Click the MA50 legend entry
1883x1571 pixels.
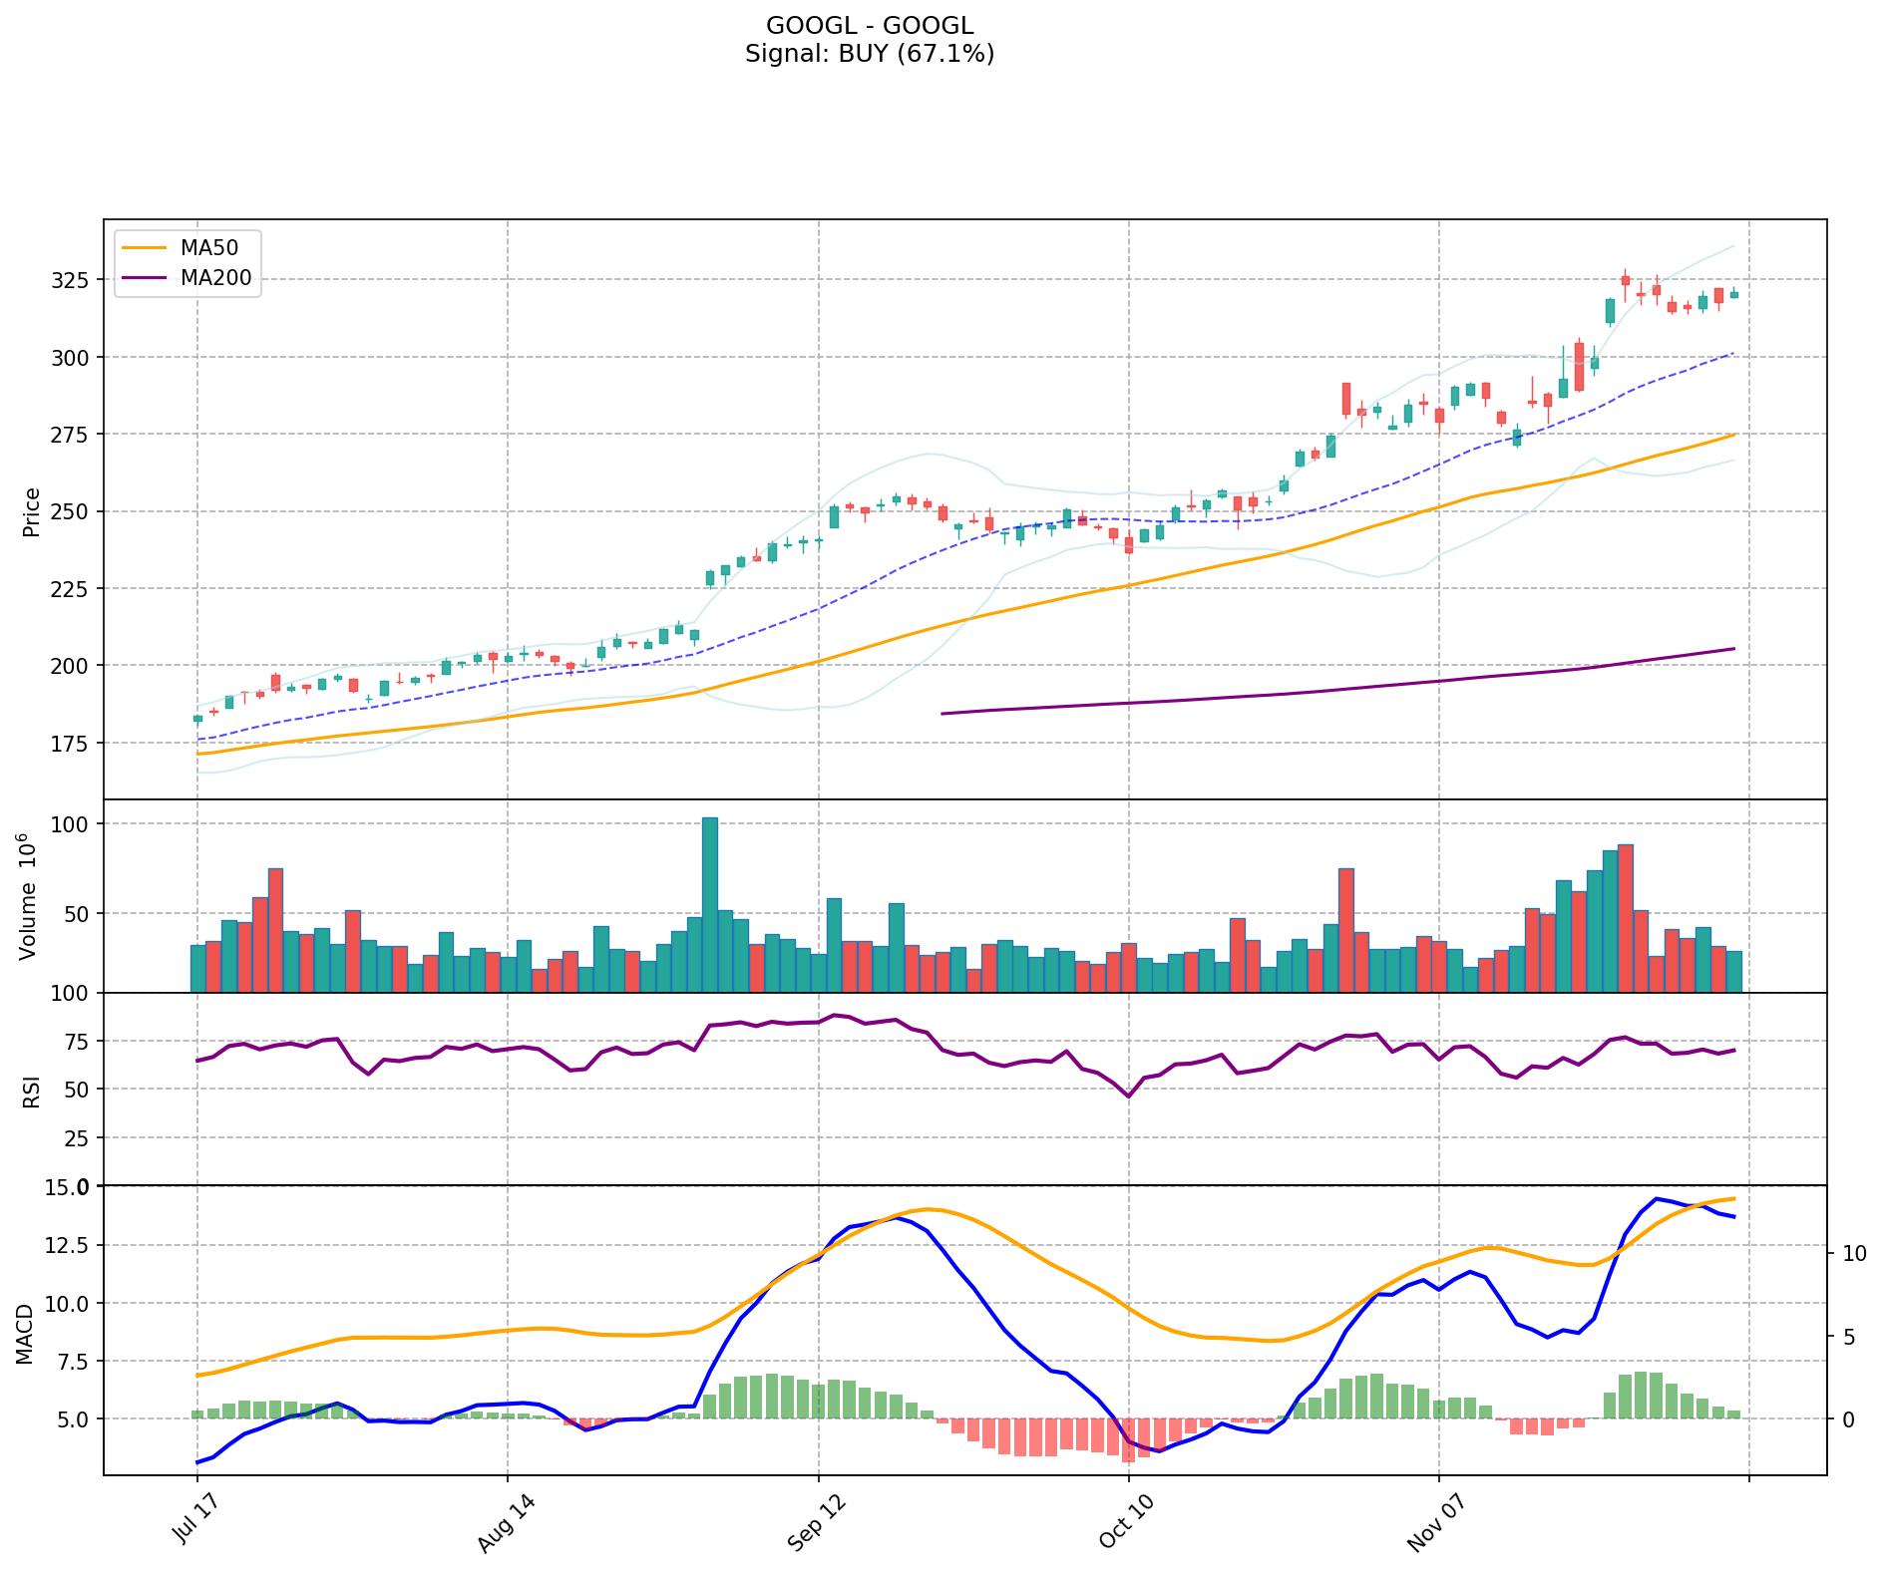pyautogui.click(x=208, y=248)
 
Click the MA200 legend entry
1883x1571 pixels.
pyautogui.click(x=215, y=278)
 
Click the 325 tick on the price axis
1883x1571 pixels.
pyautogui.click(x=73, y=280)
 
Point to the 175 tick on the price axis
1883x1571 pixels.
pyautogui.click(x=73, y=744)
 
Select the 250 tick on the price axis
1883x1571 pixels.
pyautogui.click(x=73, y=512)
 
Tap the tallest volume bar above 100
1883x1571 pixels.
pyautogui.click(x=710, y=903)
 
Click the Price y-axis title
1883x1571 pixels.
pyautogui.click(x=32, y=511)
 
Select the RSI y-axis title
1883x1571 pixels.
pyautogui.click(x=32, y=1091)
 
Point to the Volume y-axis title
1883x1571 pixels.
pyautogui.click(x=28, y=896)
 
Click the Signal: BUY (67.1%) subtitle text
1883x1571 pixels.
pyautogui.click(x=870, y=54)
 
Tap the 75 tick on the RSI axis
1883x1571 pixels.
pyautogui.click(x=77, y=1042)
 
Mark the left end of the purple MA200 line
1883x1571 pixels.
pyautogui.click(x=942, y=714)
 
